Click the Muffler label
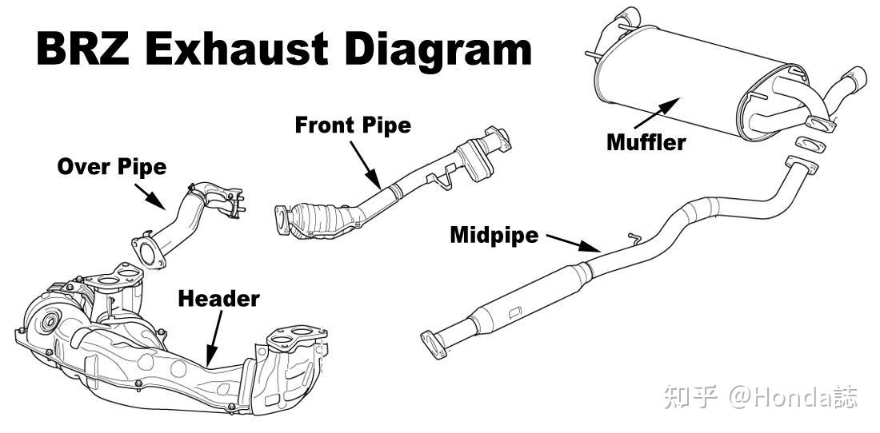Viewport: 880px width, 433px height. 646,143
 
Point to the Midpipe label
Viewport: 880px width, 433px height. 494,235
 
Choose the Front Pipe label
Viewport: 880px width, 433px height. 353,125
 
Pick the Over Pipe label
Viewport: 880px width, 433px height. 112,167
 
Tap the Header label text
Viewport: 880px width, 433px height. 218,299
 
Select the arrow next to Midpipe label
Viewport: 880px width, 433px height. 571,241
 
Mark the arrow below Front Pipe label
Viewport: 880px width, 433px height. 365,163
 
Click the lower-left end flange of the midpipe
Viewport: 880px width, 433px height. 432,343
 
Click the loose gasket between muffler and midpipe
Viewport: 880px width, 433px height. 810,145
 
